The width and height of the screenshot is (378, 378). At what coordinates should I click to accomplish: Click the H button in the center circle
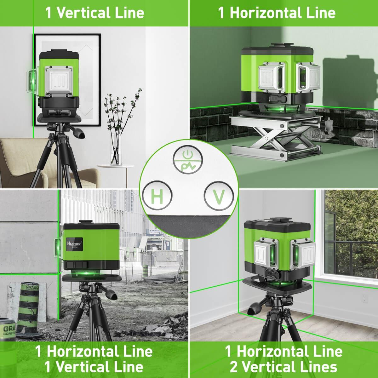(157, 197)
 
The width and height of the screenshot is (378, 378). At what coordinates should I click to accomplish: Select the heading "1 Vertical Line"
(94, 13)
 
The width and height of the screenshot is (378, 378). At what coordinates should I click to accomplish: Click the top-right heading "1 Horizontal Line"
(277, 13)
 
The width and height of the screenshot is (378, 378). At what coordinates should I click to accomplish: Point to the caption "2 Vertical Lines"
(283, 367)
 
